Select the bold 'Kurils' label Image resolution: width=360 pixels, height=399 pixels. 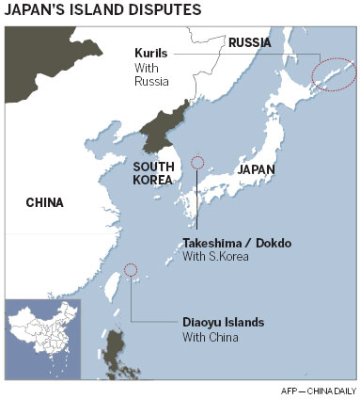(150, 55)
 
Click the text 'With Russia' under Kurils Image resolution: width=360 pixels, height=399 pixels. (150, 74)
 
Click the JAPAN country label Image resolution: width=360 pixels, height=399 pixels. (230, 170)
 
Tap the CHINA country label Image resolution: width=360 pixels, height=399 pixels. (44, 201)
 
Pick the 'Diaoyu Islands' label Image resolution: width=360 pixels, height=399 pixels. (223, 322)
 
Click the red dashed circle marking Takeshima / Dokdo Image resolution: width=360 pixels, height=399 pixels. (197, 162)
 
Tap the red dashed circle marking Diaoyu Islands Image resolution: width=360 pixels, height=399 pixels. (130, 270)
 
